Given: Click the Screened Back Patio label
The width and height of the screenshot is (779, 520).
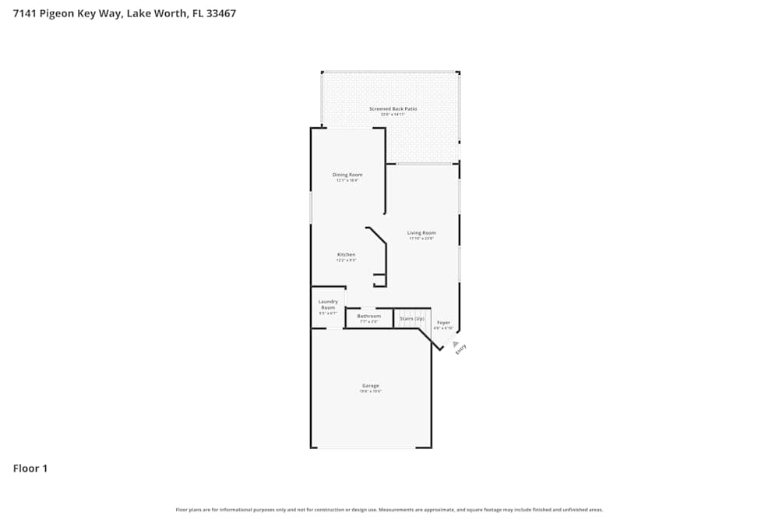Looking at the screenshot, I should coord(393,108).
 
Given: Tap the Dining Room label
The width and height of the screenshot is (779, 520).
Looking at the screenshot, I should coord(347,175).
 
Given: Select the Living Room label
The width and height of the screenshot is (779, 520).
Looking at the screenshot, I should coord(421,232).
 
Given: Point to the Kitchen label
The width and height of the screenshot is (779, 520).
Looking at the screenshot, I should coord(346,255).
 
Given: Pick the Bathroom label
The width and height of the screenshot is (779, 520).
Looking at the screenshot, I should coord(369,316).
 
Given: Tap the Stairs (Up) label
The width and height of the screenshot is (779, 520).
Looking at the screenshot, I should coord(412,318).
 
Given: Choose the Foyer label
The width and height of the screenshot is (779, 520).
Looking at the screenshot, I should coord(443,322).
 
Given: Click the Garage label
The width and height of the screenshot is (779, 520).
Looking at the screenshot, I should coord(370,385).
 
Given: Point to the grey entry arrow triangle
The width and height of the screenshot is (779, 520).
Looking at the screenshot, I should coord(456,343).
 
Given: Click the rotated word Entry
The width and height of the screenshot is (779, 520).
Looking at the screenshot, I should coord(460,350).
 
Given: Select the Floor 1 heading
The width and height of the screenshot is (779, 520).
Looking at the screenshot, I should coord(30,469).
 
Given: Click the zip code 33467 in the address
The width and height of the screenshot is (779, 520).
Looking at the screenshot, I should coord(220,13).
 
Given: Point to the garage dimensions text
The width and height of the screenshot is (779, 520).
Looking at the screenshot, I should coord(370,391).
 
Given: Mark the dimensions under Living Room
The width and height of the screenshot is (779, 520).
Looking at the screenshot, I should coord(421,239).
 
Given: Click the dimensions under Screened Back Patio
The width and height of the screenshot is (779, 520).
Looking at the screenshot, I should coord(393,115).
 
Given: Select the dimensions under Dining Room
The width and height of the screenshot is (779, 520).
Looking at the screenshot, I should coord(347,181).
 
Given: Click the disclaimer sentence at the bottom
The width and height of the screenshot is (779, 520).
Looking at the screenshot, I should coord(389,510).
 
